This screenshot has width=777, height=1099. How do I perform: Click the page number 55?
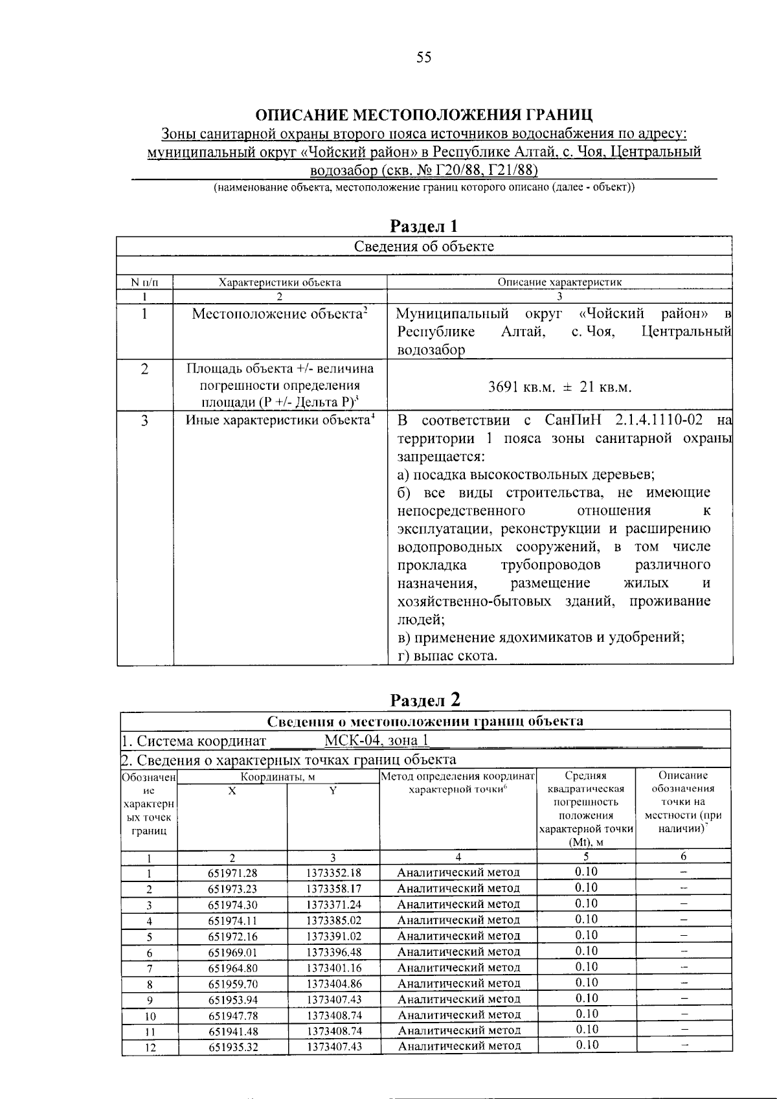[423, 58]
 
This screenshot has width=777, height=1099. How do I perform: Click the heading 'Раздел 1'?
[423, 226]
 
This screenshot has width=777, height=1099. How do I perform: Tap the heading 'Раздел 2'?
[425, 700]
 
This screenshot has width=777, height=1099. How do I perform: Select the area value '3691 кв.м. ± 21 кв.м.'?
[559, 387]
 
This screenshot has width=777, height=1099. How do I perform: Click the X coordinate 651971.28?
[232, 873]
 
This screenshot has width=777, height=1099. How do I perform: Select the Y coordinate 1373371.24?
[334, 905]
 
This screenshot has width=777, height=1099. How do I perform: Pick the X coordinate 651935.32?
[232, 1047]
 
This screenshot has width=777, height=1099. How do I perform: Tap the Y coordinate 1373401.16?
[334, 968]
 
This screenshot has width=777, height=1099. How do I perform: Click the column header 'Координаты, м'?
[278, 776]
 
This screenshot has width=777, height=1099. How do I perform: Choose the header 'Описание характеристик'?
[559, 282]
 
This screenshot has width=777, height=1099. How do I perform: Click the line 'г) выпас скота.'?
[447, 656]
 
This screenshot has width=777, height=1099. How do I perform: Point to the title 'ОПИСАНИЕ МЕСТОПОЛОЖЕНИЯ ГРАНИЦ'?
[423, 116]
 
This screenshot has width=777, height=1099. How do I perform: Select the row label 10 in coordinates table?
[149, 1015]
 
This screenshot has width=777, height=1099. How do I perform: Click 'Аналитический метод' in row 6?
[458, 952]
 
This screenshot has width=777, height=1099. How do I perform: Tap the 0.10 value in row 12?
[586, 1045]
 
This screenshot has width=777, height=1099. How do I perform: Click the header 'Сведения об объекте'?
[423, 246]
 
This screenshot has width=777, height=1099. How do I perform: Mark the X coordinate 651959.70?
[232, 984]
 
